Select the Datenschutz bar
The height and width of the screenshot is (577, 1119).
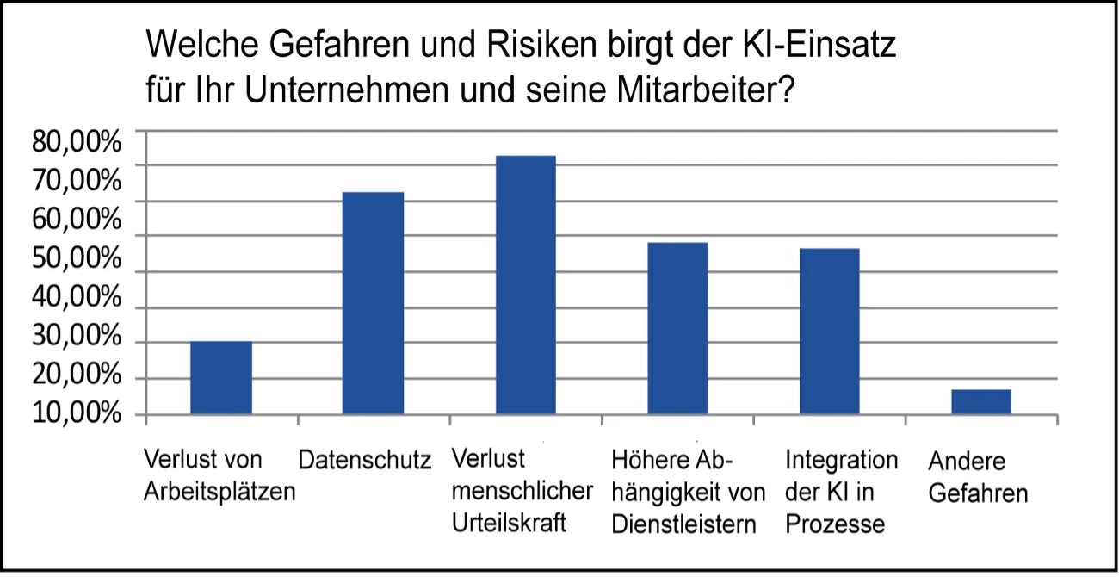373,303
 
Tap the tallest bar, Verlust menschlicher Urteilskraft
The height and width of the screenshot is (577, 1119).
525,285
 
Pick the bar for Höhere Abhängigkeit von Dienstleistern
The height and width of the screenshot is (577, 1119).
677,328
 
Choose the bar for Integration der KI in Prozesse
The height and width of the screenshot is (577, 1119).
829,332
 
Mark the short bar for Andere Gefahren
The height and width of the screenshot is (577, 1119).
981,401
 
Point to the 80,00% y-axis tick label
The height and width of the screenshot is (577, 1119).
77,141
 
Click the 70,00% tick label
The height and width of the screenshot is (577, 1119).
77,180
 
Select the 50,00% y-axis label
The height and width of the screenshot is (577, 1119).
77,258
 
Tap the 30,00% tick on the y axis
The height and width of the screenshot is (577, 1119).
77,337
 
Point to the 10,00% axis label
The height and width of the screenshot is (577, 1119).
77,414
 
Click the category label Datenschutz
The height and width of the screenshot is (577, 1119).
364,461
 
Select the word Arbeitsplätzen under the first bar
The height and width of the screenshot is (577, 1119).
219,493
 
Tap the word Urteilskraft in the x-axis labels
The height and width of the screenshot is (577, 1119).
510,522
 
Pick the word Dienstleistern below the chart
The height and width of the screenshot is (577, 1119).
683,524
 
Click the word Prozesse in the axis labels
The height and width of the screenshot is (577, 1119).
835,524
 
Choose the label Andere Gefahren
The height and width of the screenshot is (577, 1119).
978,478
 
